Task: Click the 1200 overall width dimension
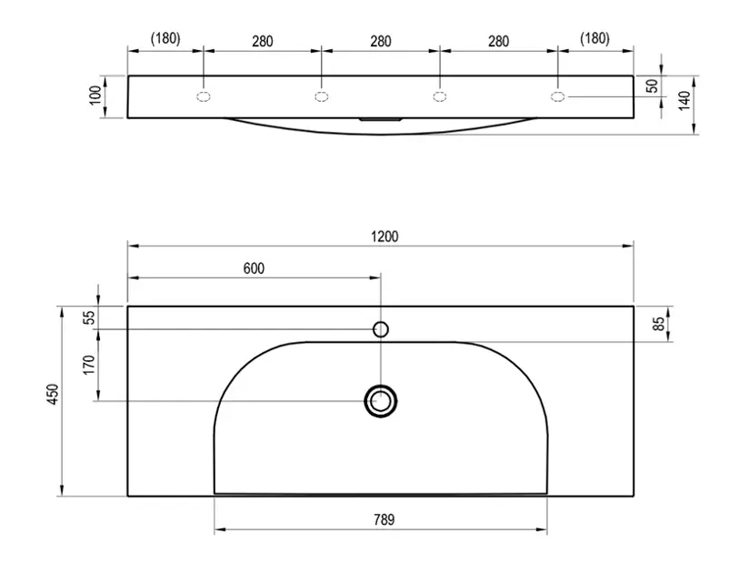(384, 236)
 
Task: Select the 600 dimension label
(254, 268)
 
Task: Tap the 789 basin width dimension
(384, 519)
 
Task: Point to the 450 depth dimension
(54, 394)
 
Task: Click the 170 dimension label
(88, 365)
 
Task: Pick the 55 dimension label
(88, 317)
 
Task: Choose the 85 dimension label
(659, 324)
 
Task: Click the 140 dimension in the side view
(684, 100)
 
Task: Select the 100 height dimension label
(95, 95)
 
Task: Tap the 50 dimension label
(652, 86)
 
